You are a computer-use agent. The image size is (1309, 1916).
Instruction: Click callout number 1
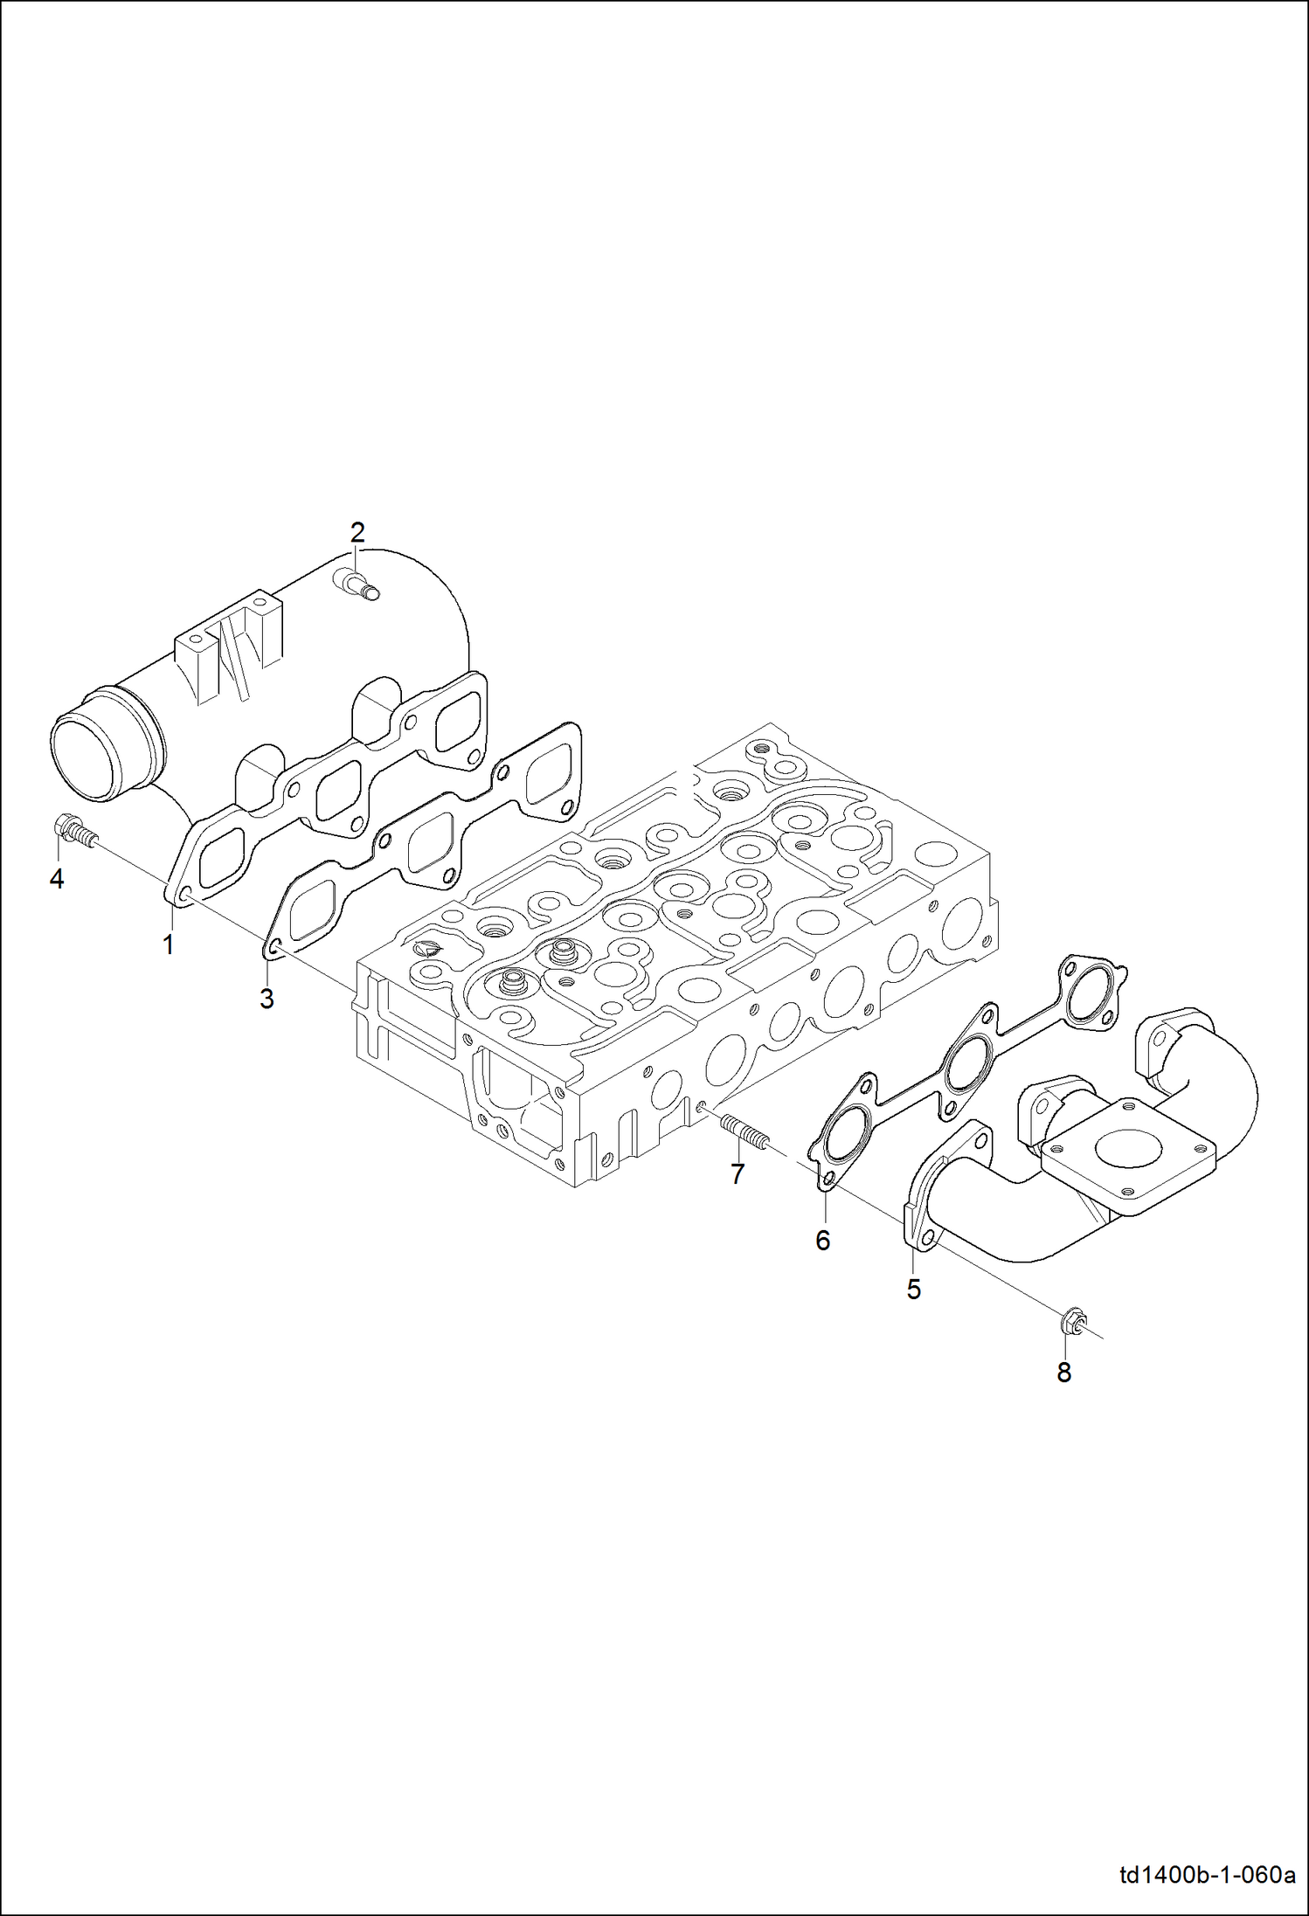pos(168,944)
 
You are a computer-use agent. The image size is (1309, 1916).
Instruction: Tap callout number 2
pos(357,531)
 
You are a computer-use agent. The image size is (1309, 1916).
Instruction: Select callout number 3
pos(267,999)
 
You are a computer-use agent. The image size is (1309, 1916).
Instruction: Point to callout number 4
pos(57,879)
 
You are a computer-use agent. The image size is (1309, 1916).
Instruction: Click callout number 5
pos(913,1290)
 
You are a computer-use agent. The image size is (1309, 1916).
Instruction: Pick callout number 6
pos(822,1241)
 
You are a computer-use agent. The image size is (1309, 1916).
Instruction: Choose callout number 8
pos(1063,1373)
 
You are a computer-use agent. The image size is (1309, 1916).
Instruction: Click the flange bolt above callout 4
pos(75,831)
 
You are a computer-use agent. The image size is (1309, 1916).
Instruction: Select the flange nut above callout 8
pos(1072,1324)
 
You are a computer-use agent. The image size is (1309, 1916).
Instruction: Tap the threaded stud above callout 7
pos(744,1133)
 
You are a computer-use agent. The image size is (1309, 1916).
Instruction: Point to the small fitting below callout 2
pos(357,583)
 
